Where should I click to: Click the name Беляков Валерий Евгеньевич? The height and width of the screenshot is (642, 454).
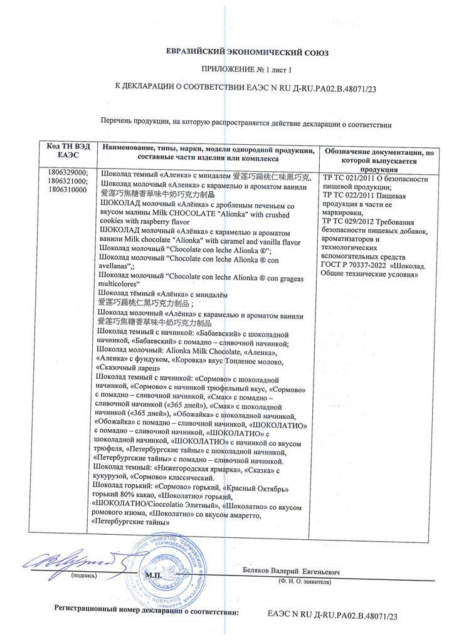click(292, 571)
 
